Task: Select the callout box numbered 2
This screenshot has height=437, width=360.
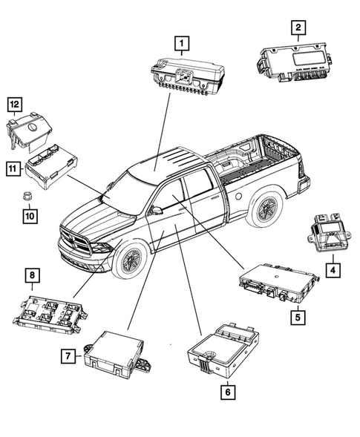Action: tap(298, 29)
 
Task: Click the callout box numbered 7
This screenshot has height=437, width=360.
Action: tap(67, 357)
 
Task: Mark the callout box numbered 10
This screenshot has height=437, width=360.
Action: tap(28, 216)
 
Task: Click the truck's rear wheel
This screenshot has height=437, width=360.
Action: tap(266, 211)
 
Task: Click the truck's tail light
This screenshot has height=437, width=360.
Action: tap(301, 185)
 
